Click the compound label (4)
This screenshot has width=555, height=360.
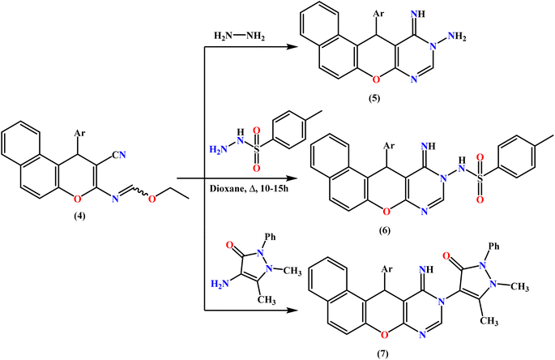79,216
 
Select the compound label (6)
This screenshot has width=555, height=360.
384,230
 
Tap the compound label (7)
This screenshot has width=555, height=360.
382,354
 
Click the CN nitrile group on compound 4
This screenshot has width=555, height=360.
119,155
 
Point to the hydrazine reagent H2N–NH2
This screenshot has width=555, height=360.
239,36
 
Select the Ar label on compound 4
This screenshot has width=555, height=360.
79,133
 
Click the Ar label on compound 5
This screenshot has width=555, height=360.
378,14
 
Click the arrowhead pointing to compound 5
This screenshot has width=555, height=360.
292,47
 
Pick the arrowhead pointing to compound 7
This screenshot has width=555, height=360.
292,311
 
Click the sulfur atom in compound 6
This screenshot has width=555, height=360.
480,179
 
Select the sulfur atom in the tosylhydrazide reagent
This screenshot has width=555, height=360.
256,149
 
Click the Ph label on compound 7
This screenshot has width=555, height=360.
493,246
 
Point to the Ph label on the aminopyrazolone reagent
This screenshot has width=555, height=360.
270,237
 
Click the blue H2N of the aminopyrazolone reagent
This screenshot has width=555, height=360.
219,284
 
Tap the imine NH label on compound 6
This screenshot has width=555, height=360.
429,146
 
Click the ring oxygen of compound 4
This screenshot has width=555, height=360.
77,199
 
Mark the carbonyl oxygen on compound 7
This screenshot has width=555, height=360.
446,255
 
